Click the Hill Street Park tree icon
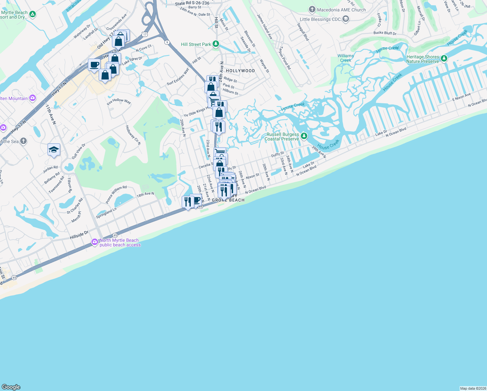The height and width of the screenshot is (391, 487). (216, 44)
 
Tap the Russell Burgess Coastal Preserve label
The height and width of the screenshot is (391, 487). (282, 137)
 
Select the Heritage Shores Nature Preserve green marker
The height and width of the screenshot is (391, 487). (444, 59)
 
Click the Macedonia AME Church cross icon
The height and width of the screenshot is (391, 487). (312, 9)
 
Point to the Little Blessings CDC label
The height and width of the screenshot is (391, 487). (320, 19)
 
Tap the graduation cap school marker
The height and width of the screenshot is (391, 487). (54, 150)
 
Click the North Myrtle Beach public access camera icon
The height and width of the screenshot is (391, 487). (95, 242)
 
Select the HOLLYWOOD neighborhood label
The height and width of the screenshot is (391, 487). (240, 71)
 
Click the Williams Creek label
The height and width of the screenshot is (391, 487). (345, 58)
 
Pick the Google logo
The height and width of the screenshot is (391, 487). (11, 387)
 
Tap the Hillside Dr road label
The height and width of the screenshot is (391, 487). (79, 235)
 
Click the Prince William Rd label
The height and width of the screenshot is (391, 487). (116, 194)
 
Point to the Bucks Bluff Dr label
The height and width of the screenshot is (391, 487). (385, 33)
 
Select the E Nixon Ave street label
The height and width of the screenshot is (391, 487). (461, 97)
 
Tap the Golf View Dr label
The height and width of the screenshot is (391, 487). (78, 151)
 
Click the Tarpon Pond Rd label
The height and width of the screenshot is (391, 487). (285, 58)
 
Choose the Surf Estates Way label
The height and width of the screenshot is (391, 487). (178, 77)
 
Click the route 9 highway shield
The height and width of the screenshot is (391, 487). (167, 42)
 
